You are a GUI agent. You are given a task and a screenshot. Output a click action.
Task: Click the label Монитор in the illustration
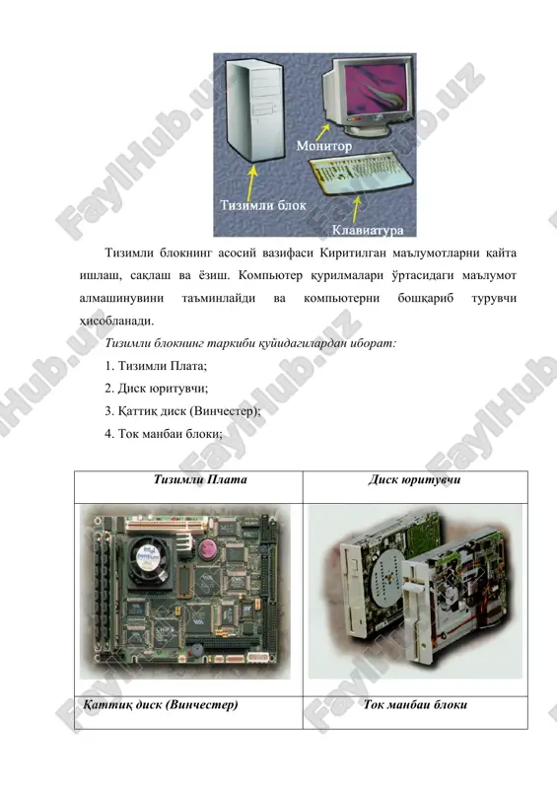[x=324, y=146]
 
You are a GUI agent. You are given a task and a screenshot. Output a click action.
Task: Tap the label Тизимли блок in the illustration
[x=263, y=205]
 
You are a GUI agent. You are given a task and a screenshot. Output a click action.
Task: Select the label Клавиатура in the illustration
[x=368, y=231]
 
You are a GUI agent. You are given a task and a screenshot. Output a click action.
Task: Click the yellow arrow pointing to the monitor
[x=322, y=132]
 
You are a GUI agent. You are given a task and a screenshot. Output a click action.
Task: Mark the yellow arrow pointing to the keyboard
[x=356, y=209]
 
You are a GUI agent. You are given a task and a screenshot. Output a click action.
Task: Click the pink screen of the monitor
[x=376, y=89]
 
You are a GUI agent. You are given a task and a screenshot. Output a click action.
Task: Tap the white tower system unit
[x=253, y=109]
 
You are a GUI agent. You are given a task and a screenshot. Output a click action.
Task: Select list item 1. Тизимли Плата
[x=156, y=366]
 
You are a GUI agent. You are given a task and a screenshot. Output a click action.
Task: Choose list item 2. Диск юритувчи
[x=157, y=389]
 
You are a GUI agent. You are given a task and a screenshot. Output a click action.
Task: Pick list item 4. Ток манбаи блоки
[x=164, y=434]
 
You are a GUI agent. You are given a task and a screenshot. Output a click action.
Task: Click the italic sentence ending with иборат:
[x=250, y=343]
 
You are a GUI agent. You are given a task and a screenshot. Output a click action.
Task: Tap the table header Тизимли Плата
[x=200, y=479]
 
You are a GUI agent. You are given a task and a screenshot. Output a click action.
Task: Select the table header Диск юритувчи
[x=415, y=479]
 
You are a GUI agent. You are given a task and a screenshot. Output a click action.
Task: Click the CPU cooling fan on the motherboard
[x=149, y=559]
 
